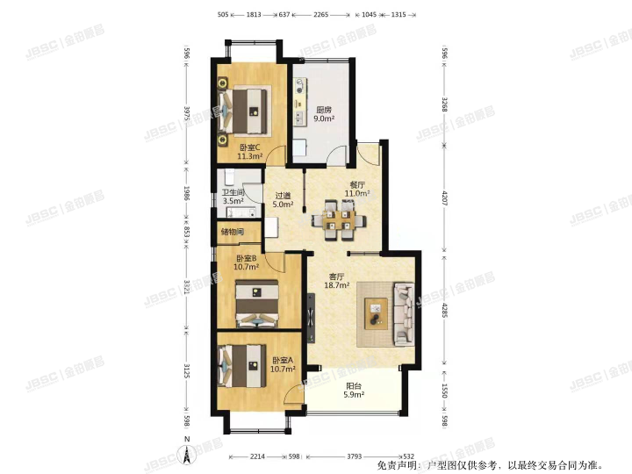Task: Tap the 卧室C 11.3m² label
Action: click(x=250, y=152)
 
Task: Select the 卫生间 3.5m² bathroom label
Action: click(x=233, y=197)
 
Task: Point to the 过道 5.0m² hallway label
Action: click(x=283, y=200)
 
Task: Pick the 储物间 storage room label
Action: click(x=233, y=233)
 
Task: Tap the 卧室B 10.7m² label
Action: click(x=247, y=262)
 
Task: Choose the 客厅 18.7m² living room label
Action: click(x=339, y=281)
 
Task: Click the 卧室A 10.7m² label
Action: click(x=283, y=365)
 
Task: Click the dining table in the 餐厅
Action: click(x=338, y=219)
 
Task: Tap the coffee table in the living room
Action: click(x=377, y=312)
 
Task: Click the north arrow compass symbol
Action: click(x=186, y=453)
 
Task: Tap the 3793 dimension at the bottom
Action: click(x=353, y=456)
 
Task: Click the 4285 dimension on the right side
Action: click(x=444, y=312)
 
